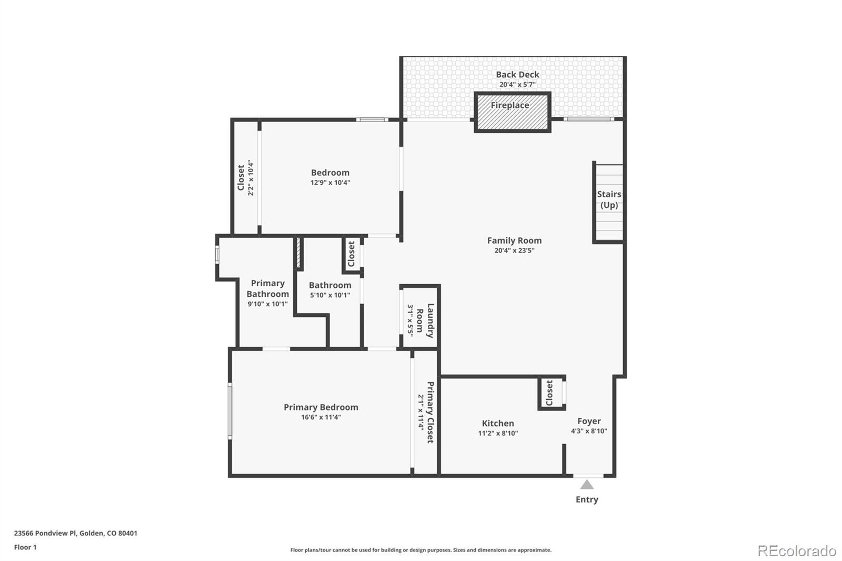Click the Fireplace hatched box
tap(513, 112)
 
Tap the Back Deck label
tap(517, 75)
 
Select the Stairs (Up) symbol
tap(609, 202)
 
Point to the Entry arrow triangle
tap(587, 484)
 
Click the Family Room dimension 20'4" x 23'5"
tap(514, 251)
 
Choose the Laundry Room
tap(420, 317)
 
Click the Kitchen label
tap(498, 423)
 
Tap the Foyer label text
tap(589, 421)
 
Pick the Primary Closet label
tap(430, 412)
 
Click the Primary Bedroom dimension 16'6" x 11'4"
tap(321, 417)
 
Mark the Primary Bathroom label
tap(267, 288)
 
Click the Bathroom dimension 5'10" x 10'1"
tap(330, 295)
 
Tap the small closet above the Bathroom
tap(352, 254)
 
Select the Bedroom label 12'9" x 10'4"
tap(330, 177)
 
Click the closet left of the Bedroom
tap(245, 177)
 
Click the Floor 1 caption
tap(25, 547)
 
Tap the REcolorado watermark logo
tap(797, 551)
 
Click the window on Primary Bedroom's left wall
tap(230, 410)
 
